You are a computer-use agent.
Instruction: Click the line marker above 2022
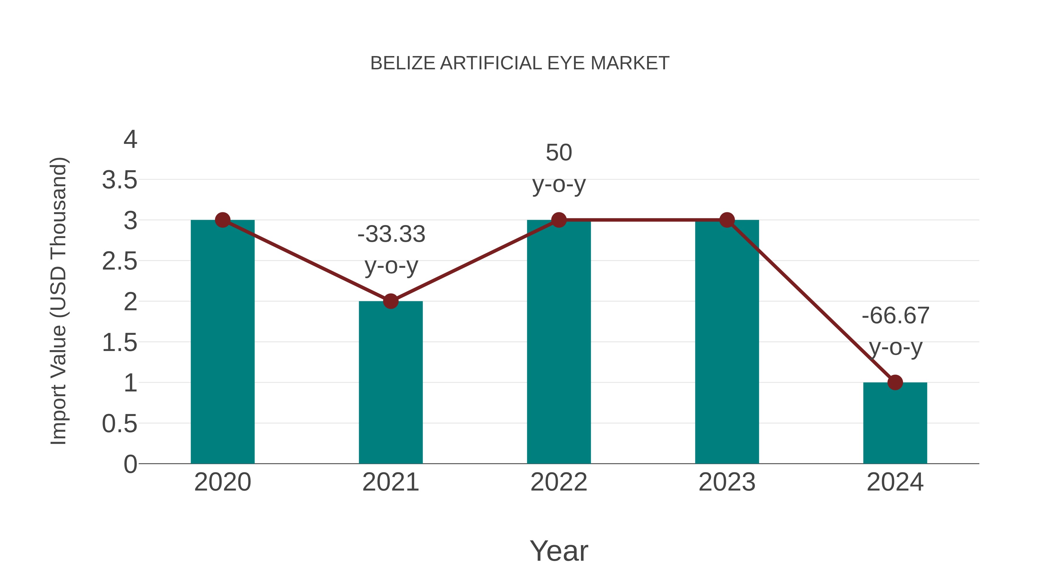(x=559, y=220)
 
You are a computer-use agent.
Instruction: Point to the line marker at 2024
(x=895, y=382)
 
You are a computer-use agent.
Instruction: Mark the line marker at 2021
(x=390, y=301)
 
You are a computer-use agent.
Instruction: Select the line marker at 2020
(x=222, y=220)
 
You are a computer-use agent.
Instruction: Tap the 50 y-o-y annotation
(x=559, y=168)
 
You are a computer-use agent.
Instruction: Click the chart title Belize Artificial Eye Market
(x=520, y=63)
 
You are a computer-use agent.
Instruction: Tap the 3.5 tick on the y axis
(x=120, y=180)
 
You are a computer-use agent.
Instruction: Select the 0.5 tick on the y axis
(x=120, y=424)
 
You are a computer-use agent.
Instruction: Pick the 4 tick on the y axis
(x=130, y=140)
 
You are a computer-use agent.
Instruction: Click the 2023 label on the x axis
(x=727, y=482)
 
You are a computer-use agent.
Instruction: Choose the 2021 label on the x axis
(x=390, y=482)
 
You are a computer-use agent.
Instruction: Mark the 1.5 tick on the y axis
(x=120, y=343)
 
